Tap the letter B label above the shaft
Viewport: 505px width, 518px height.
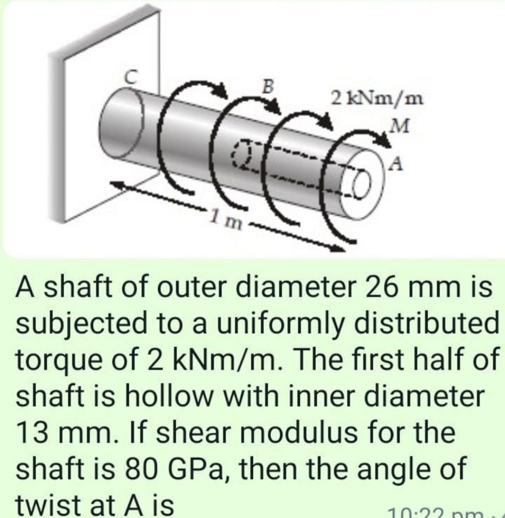coord(268,87)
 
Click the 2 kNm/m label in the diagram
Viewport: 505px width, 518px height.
coord(376,99)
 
